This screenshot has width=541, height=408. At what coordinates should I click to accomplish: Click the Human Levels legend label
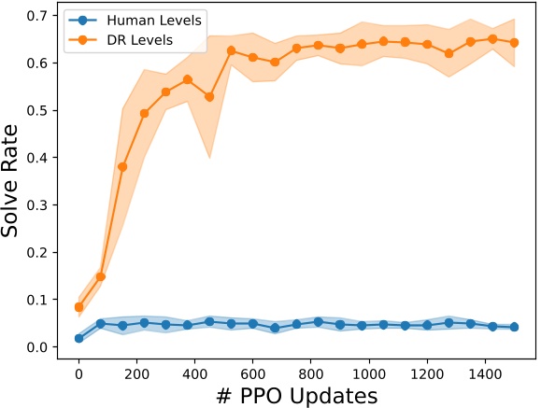pos(153,21)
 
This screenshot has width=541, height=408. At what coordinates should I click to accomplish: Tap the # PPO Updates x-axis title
pos(296,395)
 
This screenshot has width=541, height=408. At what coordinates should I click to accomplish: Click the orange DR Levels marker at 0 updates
pos(79,307)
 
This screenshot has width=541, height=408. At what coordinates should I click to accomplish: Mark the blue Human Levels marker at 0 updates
pos(79,338)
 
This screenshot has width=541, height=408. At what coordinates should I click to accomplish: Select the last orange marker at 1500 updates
pos(514,42)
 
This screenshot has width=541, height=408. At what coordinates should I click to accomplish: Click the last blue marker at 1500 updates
pos(514,327)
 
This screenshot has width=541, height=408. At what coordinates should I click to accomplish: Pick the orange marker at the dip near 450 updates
pos(210,97)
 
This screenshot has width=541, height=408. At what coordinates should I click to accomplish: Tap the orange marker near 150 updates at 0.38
pos(122,167)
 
